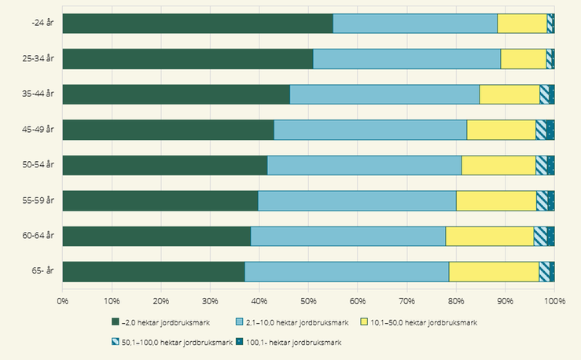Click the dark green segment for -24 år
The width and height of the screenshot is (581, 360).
198,24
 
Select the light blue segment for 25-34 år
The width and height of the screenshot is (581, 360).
406,59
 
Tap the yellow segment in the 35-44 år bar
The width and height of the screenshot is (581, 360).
509,94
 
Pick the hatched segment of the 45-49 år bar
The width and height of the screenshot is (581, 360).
541,130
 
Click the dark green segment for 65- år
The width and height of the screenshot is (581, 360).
154,272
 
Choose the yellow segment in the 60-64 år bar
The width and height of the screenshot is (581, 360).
490,237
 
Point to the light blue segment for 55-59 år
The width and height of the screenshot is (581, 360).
357,200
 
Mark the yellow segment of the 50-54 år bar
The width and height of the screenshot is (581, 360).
498,165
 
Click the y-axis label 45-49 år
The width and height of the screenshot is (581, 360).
38,130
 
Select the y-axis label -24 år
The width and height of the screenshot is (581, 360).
42,23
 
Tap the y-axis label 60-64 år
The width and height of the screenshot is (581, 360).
38,236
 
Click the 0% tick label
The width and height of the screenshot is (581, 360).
63,301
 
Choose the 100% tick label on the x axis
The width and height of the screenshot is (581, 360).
554,301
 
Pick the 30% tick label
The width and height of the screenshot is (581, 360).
210,301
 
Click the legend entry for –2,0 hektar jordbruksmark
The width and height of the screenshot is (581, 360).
161,322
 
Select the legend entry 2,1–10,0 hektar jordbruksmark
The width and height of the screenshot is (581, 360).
292,322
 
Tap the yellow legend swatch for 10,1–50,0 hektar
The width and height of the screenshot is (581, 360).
364,322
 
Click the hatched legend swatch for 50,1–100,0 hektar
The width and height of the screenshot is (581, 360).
116,342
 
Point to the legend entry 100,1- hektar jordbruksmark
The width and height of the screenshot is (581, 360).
289,343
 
